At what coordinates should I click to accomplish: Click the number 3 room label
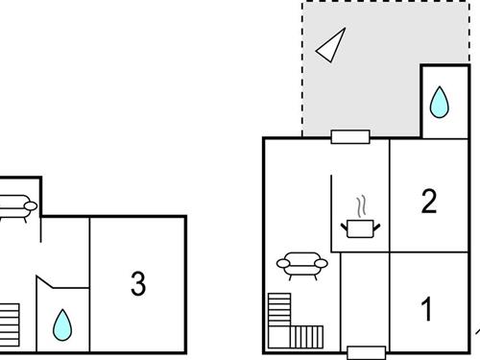click(138, 284)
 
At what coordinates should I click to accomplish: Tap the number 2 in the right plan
click(429, 201)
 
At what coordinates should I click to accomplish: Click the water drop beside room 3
click(62, 324)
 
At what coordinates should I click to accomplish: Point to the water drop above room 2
click(439, 101)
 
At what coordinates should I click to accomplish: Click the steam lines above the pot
click(362, 206)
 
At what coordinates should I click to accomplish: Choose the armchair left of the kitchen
click(301, 266)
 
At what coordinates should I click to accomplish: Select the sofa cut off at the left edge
click(17, 206)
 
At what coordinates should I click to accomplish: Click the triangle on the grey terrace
click(331, 44)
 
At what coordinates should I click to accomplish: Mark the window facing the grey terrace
click(350, 136)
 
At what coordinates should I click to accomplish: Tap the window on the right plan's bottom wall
click(365, 352)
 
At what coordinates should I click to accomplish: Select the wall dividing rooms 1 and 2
click(432, 252)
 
